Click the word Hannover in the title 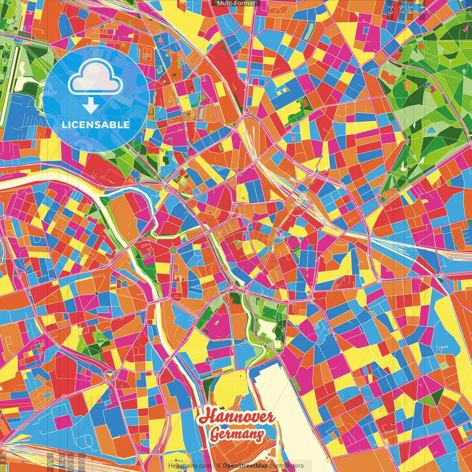[237, 416]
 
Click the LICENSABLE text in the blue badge [96, 125]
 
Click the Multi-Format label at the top [236, 3]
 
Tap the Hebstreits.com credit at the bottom [190, 466]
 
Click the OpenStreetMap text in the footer [245, 466]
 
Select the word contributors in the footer [287, 466]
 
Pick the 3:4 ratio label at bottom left [62, 462]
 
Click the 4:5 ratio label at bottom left [51, 462]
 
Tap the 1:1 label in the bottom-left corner [3, 462]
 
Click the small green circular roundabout [173, 250]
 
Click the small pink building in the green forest [432, 88]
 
